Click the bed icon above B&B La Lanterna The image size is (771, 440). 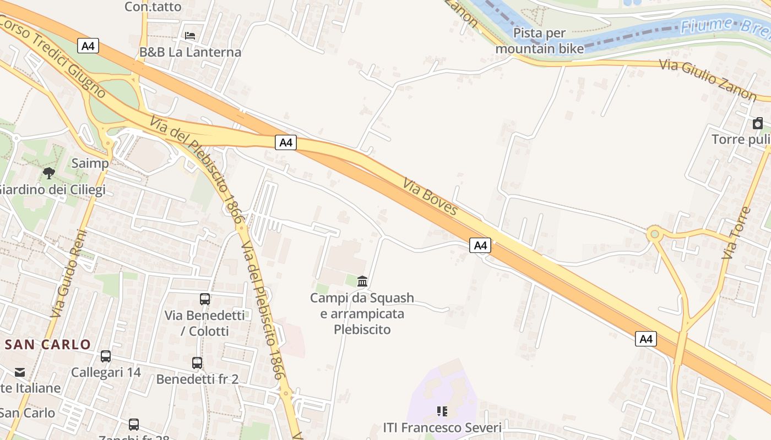coord(190,36)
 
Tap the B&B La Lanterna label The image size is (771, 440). coord(190,52)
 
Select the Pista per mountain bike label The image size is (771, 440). coord(540,41)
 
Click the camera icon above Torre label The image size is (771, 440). coord(758,123)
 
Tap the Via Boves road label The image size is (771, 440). coord(430,196)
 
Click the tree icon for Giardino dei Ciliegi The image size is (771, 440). coord(49,173)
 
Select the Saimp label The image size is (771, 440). coord(90,163)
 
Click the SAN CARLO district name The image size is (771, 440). coord(48,345)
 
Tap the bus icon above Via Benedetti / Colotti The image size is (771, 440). coord(205,299)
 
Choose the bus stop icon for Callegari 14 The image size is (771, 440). coord(106,356)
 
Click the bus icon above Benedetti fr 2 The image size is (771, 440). coord(197,363)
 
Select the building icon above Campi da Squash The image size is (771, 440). coord(362,282)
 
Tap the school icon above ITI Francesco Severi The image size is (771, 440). coord(442,411)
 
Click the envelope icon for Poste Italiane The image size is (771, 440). coord(20,372)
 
